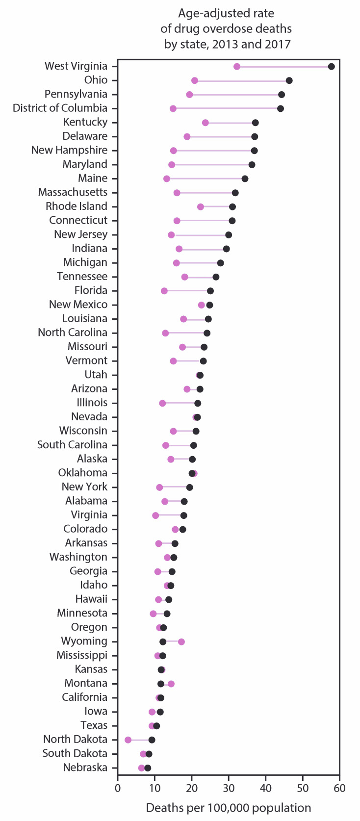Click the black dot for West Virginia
332,67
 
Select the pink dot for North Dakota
128,740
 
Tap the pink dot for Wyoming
181,641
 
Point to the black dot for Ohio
289,80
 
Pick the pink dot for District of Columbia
173,108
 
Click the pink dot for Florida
164,291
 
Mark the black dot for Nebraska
148,768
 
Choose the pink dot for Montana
171,684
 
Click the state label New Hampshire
69,150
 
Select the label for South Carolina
72,445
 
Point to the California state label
84,697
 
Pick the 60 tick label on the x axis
339,788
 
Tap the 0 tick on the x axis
118,788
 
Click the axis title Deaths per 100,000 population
229,808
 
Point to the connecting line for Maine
206,179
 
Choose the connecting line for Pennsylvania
235,95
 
